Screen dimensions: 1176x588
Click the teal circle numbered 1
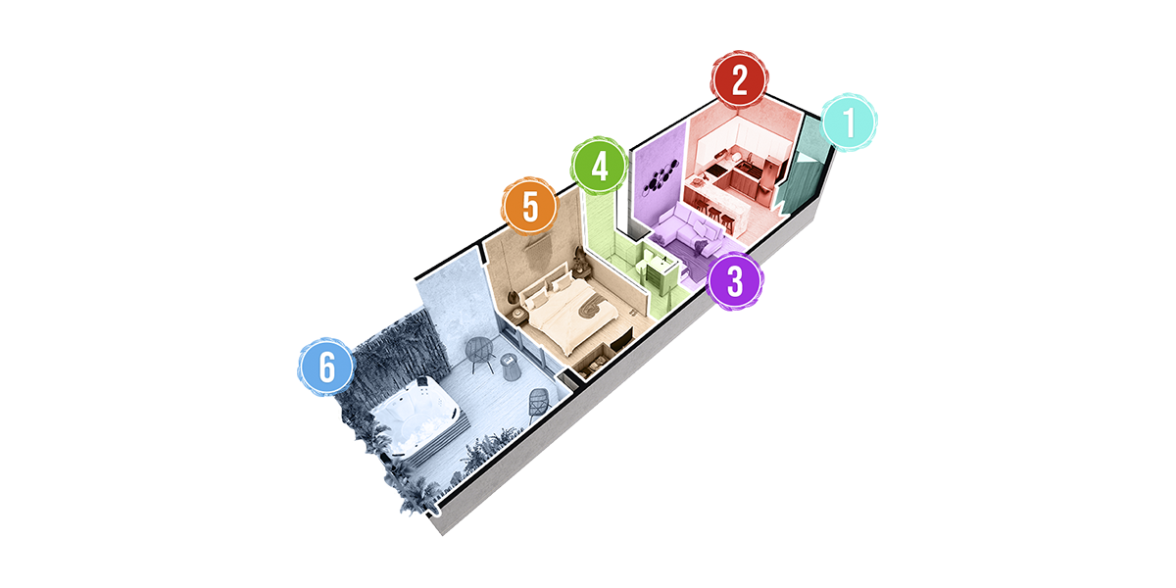coord(849,122)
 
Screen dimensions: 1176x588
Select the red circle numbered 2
coord(740,79)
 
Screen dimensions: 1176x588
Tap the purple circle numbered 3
coord(734,281)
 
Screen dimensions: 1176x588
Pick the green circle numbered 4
coord(599,167)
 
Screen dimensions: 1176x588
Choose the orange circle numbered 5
coord(530,207)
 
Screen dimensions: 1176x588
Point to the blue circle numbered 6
coord(326,367)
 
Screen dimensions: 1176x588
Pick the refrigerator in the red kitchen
coord(769,174)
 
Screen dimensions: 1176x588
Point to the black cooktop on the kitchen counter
coord(716,171)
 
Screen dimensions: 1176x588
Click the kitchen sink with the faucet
coord(744,167)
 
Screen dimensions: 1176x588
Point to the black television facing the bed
coord(622,340)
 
